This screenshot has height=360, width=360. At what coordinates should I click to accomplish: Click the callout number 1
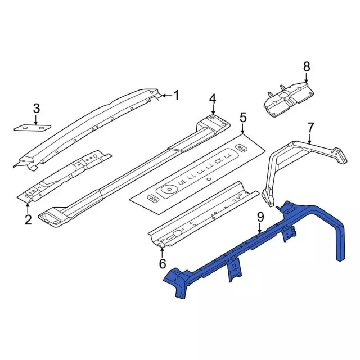175,95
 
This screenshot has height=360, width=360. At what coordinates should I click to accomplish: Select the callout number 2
28,219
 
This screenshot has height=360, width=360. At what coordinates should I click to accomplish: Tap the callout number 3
36,108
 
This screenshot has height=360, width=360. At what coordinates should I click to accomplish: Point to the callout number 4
213,99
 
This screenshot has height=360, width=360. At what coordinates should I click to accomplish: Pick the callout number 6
162,263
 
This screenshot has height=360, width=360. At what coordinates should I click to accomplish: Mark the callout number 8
307,67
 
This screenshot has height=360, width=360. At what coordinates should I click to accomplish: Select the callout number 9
260,217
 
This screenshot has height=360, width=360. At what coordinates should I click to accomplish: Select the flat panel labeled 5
197,174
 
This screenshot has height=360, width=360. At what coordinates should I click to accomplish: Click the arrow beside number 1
164,96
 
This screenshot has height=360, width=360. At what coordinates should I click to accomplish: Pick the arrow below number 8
307,79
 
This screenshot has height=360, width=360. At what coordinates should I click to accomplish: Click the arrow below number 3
36,119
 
